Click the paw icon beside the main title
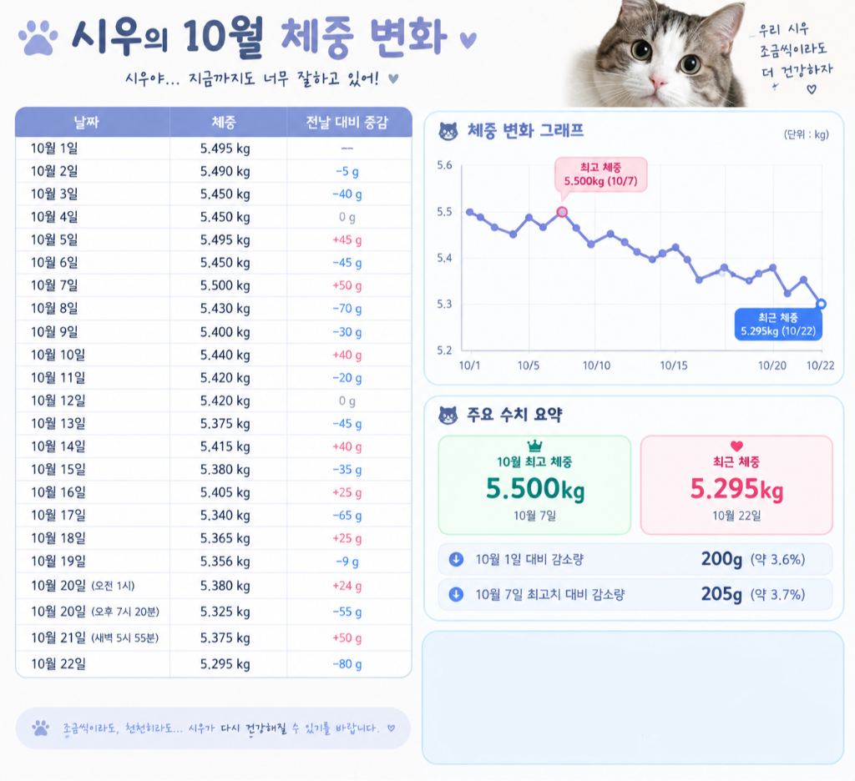tap(38, 38)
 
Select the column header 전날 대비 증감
tap(347, 122)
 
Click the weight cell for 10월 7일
tap(225, 285)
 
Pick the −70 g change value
tap(347, 309)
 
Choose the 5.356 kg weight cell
tap(225, 562)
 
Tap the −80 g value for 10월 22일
tap(347, 664)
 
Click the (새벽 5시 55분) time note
tap(124, 637)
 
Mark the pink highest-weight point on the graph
tap(562, 212)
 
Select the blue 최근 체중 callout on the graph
tap(778, 325)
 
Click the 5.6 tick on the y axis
tap(444, 165)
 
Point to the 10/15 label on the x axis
tap(674, 365)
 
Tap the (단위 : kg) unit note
tap(806, 134)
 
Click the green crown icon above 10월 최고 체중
tap(535, 446)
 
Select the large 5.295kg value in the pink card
tap(736, 489)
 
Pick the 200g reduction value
tap(721, 559)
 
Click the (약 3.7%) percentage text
tap(777, 595)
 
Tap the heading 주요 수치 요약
tap(514, 415)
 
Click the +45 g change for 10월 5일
tap(347, 239)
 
